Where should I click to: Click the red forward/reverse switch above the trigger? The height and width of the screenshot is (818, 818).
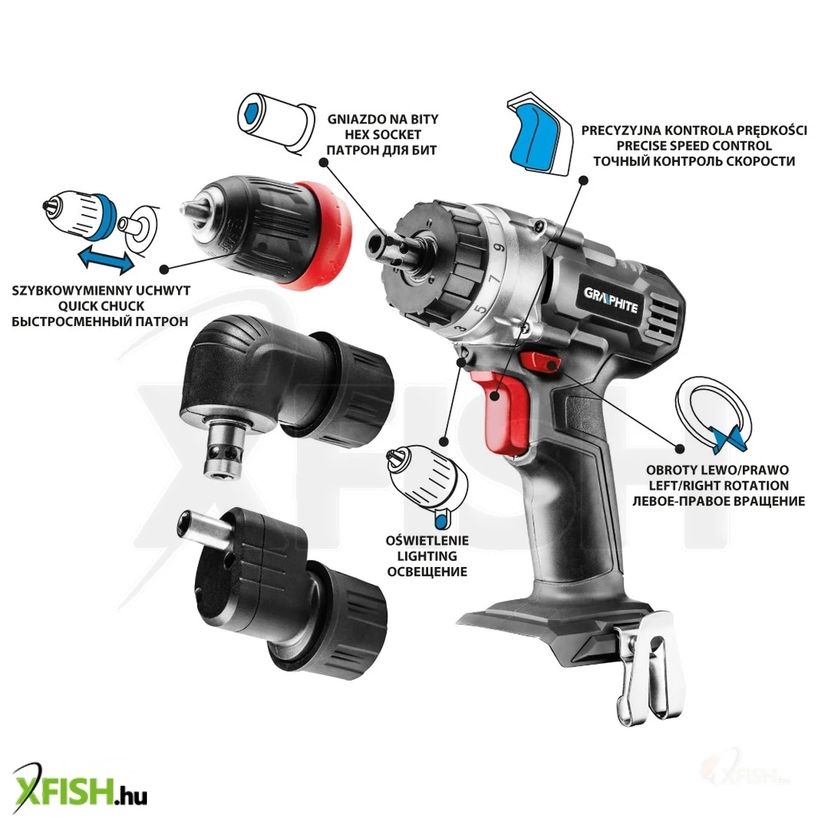tap(539, 361)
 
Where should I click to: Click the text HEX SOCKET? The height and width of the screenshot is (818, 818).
tap(383, 134)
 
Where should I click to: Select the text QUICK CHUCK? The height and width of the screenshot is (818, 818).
tap(101, 306)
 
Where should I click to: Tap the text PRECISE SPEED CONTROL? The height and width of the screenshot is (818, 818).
tap(694, 145)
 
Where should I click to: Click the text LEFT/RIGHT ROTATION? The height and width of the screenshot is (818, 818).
tap(718, 486)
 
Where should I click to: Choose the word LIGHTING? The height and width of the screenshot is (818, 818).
tap(427, 557)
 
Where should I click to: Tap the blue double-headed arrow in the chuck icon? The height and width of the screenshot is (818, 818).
tap(106, 260)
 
